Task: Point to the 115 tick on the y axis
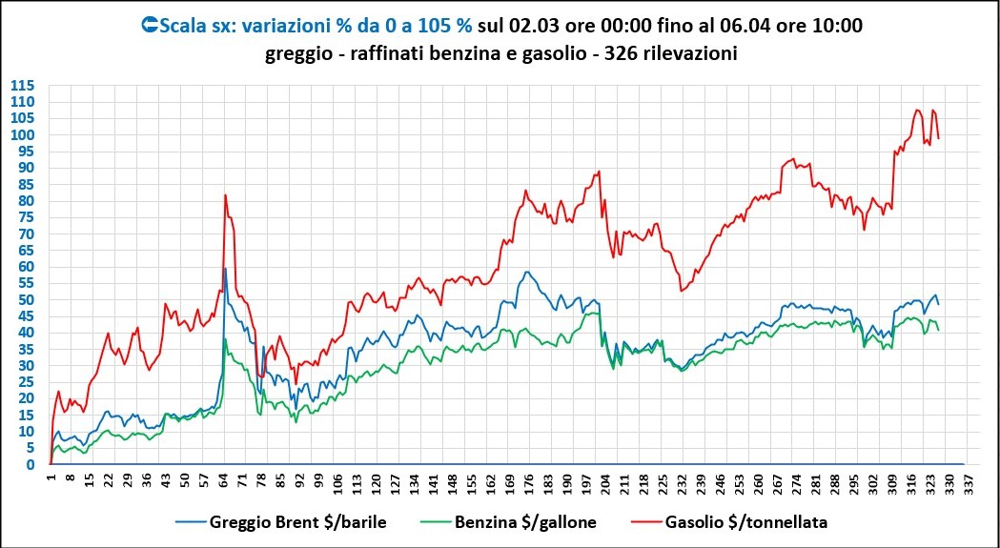(23, 85)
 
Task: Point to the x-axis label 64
(223, 480)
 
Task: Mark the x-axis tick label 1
(51, 478)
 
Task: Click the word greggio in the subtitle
(297, 53)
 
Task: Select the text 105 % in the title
(442, 27)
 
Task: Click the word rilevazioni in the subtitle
(692, 53)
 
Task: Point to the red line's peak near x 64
(225, 195)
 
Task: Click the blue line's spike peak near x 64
(225, 269)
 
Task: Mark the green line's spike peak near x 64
(225, 338)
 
